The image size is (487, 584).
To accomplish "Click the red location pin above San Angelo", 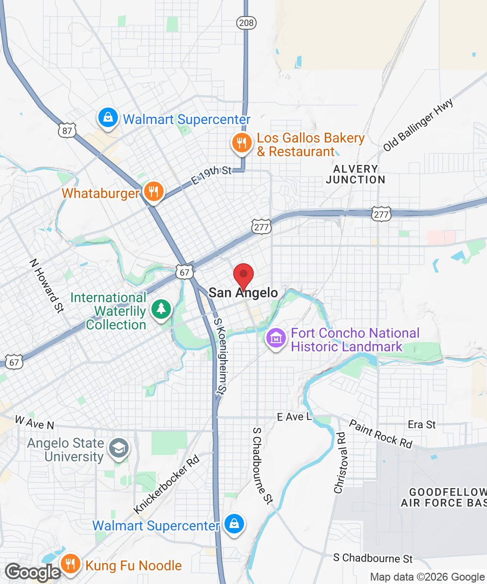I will (243, 275).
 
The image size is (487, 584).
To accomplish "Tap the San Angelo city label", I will (243, 292).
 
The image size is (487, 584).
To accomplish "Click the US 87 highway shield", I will (67, 130).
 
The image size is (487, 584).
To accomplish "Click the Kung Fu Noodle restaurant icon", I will (71, 564).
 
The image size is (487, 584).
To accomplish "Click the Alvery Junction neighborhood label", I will (356, 174).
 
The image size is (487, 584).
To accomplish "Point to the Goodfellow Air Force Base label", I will (443, 497).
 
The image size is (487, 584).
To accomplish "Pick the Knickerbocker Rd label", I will (167, 484).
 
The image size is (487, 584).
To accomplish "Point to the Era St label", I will (422, 424).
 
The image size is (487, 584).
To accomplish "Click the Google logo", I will (33, 572).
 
